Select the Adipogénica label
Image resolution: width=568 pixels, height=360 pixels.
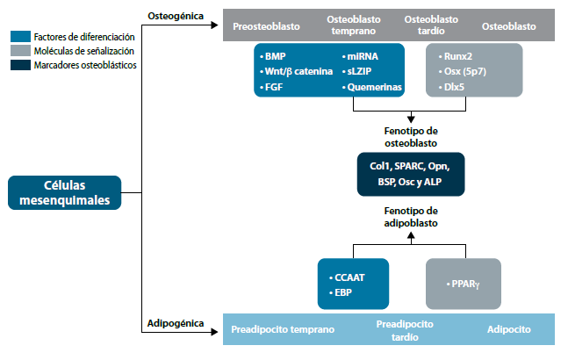click(174, 326)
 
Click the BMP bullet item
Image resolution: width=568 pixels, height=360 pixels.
click(277, 55)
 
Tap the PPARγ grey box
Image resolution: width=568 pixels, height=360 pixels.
click(463, 284)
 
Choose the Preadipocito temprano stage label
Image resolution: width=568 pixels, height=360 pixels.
click(283, 329)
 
